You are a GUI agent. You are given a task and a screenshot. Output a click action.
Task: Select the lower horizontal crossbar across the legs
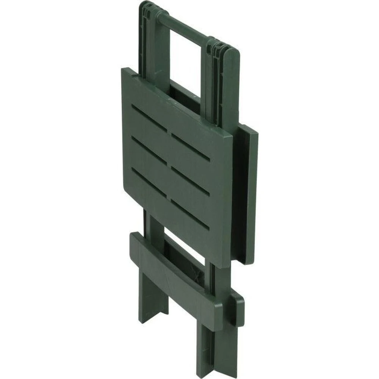(178, 277)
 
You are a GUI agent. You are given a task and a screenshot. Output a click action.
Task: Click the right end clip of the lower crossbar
(237, 309)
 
